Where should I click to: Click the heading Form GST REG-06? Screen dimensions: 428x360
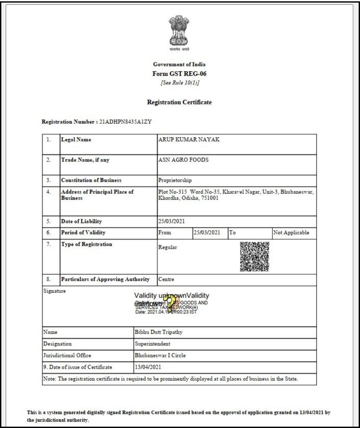tap(179, 74)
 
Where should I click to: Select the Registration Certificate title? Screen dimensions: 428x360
tap(179, 102)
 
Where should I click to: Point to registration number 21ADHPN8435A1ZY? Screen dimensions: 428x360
tap(125, 122)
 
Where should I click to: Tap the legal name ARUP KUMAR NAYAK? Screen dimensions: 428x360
tap(189, 139)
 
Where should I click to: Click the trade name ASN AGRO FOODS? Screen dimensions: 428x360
tap(183, 160)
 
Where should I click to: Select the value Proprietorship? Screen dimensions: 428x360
tap(175, 180)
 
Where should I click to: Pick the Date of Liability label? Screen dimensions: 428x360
tap(81, 221)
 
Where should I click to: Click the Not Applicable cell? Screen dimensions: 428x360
tap(291, 233)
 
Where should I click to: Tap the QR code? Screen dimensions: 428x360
tap(254, 257)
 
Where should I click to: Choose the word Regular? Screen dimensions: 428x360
tap(168, 247)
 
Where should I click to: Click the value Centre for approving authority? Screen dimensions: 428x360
tap(166, 279)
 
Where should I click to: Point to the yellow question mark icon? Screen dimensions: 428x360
tap(171, 304)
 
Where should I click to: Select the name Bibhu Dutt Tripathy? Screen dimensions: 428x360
tap(158, 332)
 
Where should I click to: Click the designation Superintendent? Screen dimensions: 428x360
tap(152, 344)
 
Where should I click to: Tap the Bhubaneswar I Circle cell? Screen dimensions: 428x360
tap(160, 355)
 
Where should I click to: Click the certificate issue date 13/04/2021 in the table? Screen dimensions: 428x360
tap(148, 367)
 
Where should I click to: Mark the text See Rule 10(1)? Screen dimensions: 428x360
tap(180, 83)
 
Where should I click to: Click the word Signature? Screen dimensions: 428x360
tap(54, 291)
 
